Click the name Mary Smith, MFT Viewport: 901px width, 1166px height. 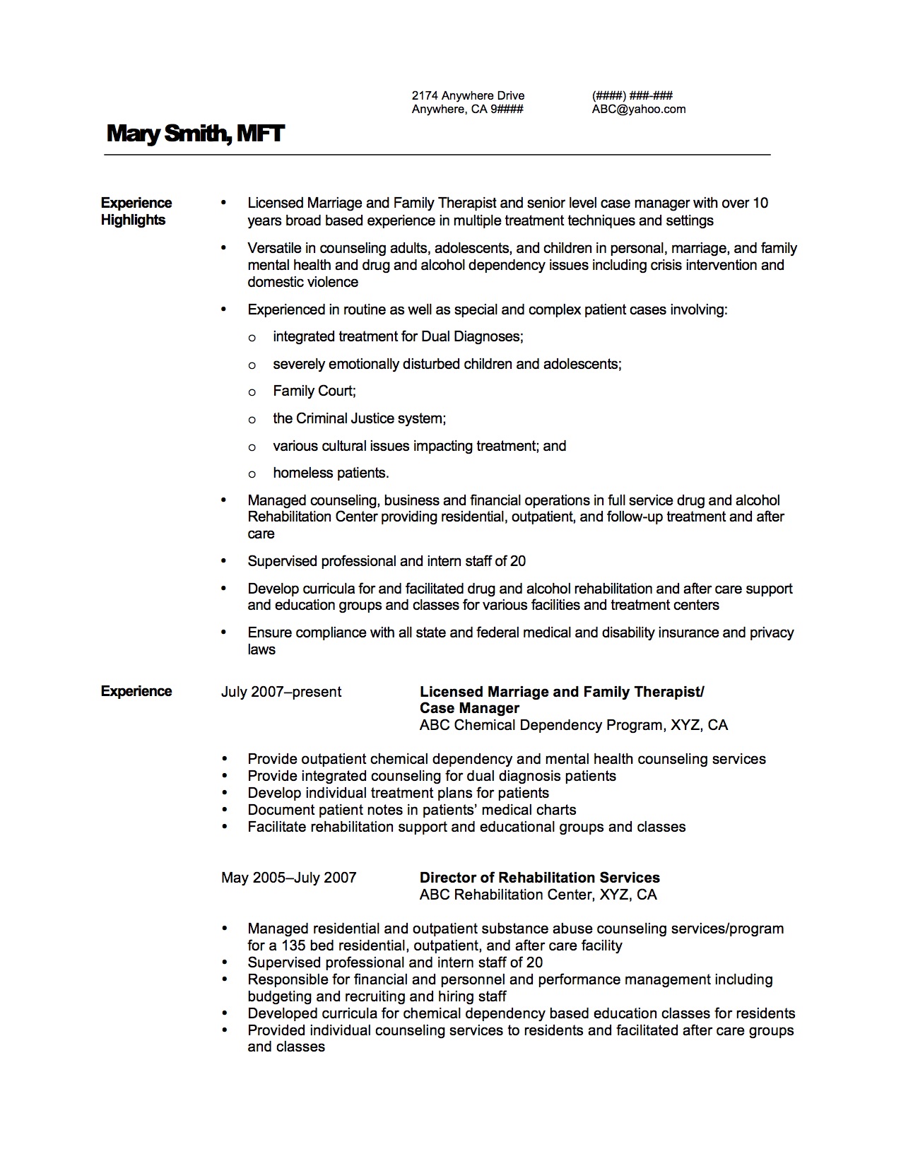[195, 133]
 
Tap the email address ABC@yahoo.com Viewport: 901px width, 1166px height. [639, 109]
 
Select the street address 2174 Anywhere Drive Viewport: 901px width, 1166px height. [468, 95]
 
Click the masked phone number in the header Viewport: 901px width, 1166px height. [632, 95]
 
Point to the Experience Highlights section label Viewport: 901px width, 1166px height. [136, 211]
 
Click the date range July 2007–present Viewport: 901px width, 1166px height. [281, 692]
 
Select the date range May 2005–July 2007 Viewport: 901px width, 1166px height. [288, 878]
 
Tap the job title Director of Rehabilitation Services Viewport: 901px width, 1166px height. [539, 878]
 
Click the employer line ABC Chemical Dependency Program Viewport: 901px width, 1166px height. [573, 725]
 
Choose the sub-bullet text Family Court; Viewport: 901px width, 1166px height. [314, 391]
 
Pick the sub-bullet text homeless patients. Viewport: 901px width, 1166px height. [331, 473]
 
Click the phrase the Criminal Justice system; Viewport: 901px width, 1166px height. [359, 418]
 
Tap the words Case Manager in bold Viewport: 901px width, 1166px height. [469, 708]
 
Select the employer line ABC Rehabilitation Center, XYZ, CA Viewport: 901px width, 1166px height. [538, 895]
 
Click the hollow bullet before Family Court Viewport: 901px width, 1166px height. [252, 392]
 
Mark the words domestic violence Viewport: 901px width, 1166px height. [302, 282]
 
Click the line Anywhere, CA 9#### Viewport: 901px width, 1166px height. [467, 109]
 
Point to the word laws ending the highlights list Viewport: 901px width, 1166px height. [261, 649]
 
